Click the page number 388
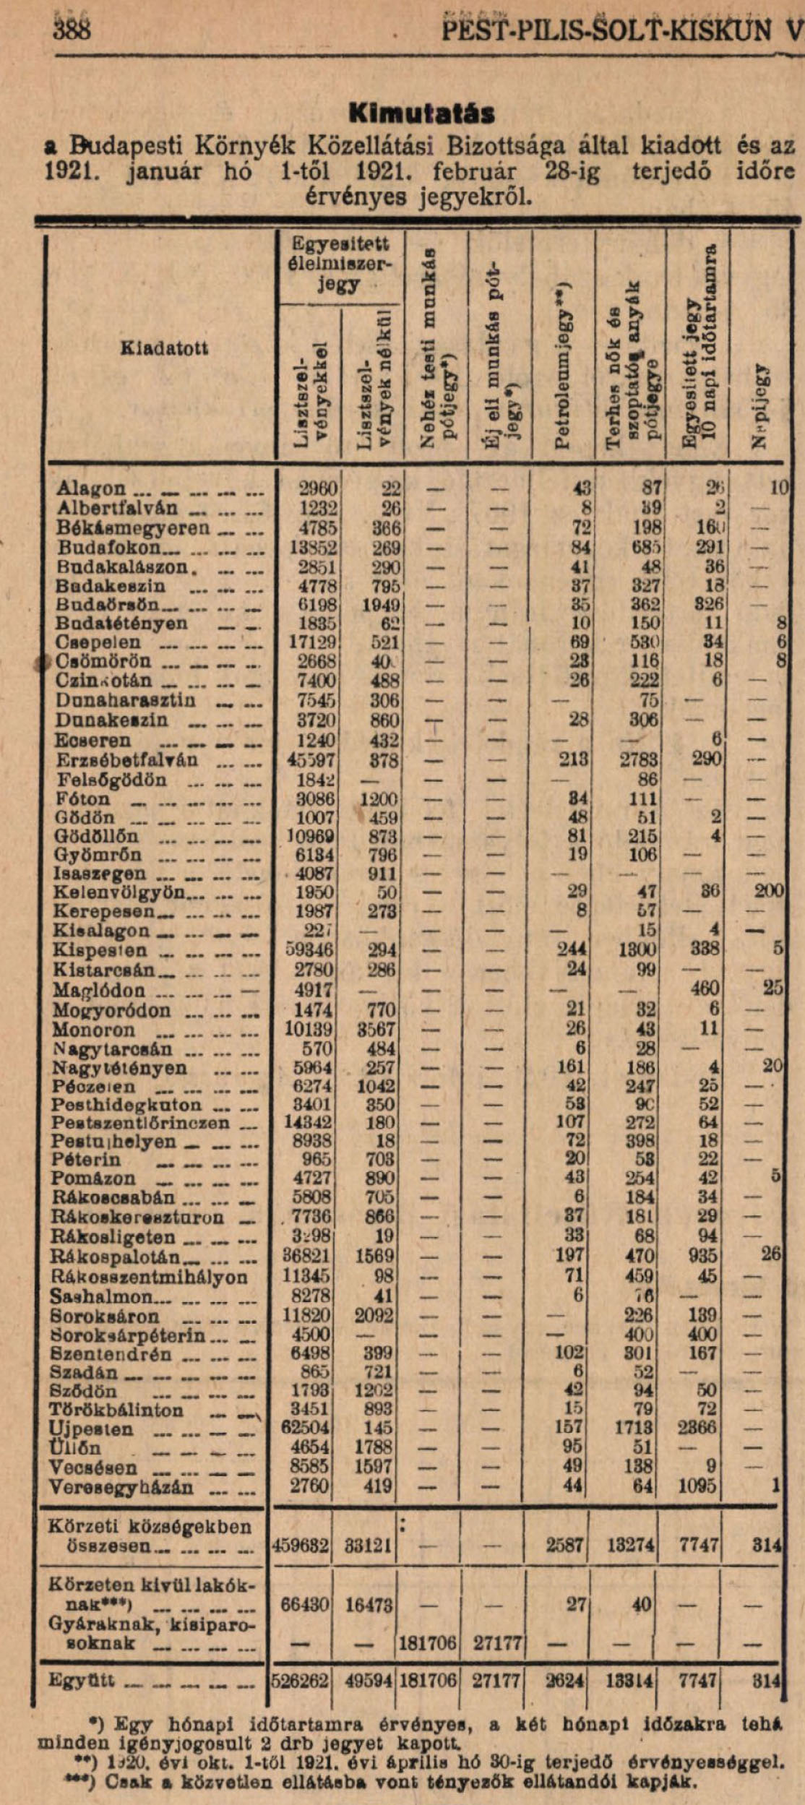tap(72, 30)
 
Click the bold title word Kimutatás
tap(421, 113)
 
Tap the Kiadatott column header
tap(164, 348)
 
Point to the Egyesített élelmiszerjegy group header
tap(340, 263)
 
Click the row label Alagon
tap(91, 488)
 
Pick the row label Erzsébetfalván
tap(127, 760)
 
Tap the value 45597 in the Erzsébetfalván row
tap(311, 760)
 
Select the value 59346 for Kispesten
tap(309, 949)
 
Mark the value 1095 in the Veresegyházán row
tap(697, 1485)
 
